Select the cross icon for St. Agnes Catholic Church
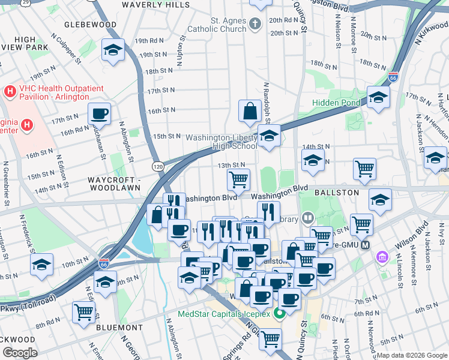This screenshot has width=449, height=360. tap(255, 25)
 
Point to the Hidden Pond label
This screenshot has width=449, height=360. tap(336, 103)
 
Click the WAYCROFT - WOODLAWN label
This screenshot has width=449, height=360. tap(113, 184)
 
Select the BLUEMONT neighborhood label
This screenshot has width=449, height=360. tap(119, 328)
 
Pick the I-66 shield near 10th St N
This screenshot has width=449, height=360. tap(103, 263)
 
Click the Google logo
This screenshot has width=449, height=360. tap(20, 353)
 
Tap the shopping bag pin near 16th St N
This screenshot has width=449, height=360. tap(250, 110)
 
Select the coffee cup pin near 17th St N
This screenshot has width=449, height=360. tap(99, 112)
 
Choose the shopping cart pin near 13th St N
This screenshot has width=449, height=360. tap(239, 178)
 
